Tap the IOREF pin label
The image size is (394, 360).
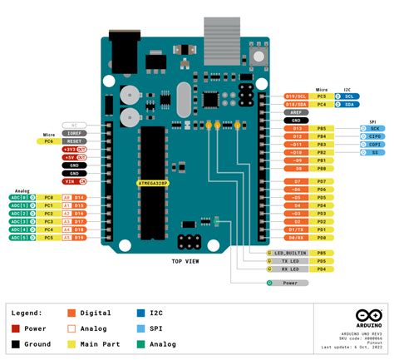(x=73, y=132)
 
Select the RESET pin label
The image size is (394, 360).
(x=73, y=141)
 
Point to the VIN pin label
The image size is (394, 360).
(x=72, y=180)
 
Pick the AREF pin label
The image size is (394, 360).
(x=297, y=111)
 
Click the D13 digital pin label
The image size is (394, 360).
(x=297, y=129)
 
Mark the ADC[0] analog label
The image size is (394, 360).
(x=19, y=198)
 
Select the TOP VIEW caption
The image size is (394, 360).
(x=185, y=261)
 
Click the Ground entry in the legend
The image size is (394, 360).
(x=36, y=343)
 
